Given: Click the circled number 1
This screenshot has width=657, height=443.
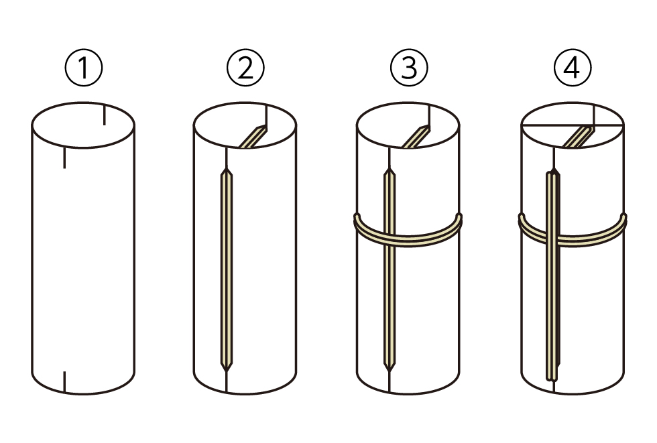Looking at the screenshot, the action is point(84,68).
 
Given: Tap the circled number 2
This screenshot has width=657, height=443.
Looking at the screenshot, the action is point(245,68).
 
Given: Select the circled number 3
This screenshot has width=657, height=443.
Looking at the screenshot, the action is point(409,68).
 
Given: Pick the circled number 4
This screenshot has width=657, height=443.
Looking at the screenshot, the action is point(573,68).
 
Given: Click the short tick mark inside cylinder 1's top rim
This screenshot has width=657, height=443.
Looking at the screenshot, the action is point(105,115).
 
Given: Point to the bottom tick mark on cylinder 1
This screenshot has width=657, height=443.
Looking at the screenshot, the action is point(64,381).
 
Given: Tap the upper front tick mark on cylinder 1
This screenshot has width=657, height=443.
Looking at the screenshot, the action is point(64,158).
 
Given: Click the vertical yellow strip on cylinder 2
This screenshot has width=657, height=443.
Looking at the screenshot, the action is point(227,270).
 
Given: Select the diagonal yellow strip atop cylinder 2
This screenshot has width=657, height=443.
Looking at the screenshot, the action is point(253,137).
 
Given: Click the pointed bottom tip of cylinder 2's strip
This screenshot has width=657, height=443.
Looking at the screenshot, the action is point(227,371).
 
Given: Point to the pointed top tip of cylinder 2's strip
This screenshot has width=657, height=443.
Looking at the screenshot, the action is point(227,169).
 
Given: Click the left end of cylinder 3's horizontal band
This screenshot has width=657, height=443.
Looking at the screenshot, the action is point(357,218).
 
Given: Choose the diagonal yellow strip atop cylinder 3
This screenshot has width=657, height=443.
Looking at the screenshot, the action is point(416,137).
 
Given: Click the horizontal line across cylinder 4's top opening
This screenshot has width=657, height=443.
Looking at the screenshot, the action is point(573,125).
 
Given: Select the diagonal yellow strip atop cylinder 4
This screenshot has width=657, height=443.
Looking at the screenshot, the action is point(578,137).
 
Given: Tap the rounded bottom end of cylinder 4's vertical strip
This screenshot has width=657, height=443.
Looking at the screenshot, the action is point(552,379).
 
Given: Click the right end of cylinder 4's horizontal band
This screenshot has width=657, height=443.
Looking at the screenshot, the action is point(623,218).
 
